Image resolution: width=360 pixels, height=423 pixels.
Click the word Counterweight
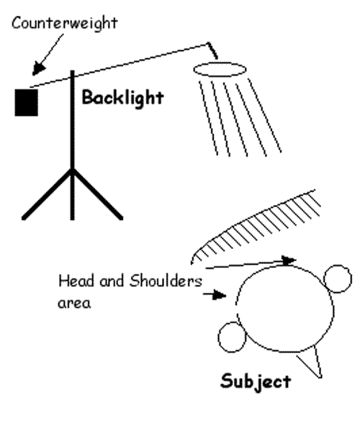65,24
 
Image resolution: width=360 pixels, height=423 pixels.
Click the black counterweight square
26,102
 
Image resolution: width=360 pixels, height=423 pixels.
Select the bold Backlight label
122,98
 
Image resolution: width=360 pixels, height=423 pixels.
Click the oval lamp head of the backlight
220,70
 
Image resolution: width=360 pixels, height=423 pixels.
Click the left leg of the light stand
47,194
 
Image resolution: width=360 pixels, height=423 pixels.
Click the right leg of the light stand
98,194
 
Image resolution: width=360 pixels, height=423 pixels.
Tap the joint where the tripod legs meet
72,170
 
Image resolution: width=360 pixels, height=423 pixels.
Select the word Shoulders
166,281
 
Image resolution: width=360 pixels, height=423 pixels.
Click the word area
74,304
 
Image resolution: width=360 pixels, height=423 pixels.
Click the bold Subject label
256,382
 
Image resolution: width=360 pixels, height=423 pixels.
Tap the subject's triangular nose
311,361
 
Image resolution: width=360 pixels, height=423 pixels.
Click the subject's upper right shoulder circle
338,278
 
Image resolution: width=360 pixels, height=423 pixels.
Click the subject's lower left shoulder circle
232,337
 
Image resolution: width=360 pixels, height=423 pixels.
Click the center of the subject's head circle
285,309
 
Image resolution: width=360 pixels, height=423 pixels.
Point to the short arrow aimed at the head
215,295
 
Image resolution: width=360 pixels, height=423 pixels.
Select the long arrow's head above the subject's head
289,260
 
